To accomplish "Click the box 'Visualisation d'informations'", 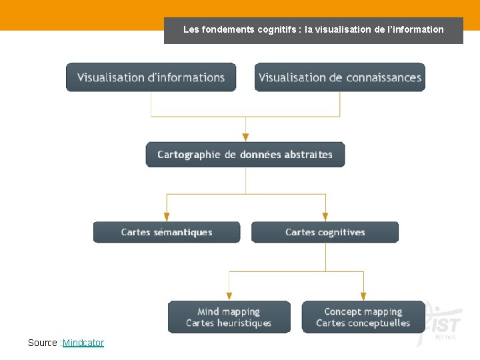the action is (151, 77).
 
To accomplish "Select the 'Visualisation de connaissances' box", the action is (340, 77).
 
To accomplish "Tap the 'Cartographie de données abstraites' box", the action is (245, 155).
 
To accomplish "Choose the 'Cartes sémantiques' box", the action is (167, 232).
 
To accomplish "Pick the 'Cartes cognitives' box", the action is (325, 232).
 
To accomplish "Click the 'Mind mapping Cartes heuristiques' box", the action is (229, 317).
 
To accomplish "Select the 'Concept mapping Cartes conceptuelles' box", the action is (363, 317).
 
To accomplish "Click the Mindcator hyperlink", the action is (83, 343).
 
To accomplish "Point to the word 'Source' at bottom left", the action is (42, 343).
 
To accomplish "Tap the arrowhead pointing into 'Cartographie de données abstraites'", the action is (245, 137).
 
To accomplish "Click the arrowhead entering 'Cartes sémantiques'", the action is (167, 217).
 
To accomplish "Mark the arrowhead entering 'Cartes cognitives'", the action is (325, 217).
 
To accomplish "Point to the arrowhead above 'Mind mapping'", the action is (229, 295).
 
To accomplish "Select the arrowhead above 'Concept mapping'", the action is (363, 295).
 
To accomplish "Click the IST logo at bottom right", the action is (443, 325).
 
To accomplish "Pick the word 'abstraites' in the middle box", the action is (308, 155).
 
